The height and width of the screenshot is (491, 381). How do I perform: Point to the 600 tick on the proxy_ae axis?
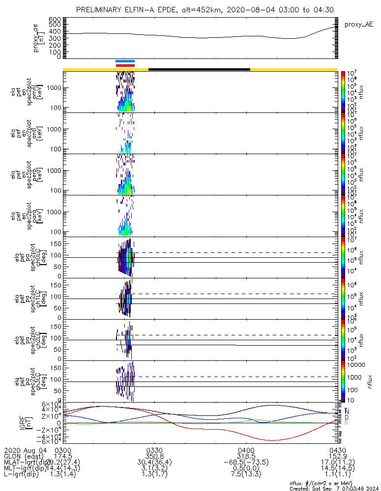pos(55,19)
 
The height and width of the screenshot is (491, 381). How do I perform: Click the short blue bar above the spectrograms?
pos(125,61)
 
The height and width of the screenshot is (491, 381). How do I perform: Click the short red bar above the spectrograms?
pos(125,65)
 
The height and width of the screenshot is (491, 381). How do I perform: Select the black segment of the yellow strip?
pos(199,69)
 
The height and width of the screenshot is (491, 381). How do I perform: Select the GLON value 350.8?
pos(154,457)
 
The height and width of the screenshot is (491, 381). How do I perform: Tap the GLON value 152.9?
pos(337,457)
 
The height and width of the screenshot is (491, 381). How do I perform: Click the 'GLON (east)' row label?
pos(23,457)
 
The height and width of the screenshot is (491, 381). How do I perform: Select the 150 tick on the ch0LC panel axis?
pos(55,243)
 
